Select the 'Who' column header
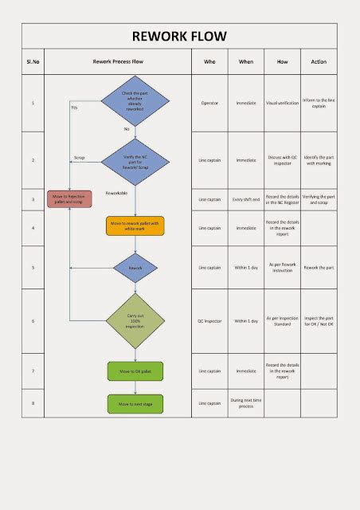coord(209,61)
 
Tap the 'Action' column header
coord(319,61)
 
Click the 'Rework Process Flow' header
coord(118,61)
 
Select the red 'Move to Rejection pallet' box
coord(70,198)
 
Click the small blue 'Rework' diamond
coord(135,268)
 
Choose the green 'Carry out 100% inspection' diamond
coord(135,320)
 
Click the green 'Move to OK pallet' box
coord(135,371)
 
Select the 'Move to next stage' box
coord(135,404)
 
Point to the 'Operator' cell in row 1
coord(209,104)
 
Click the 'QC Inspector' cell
coord(209,321)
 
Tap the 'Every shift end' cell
coord(247,198)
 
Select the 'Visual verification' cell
coord(283,104)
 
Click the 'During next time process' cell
coord(247,403)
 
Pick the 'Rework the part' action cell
coord(319,268)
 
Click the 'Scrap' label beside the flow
coord(79,157)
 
